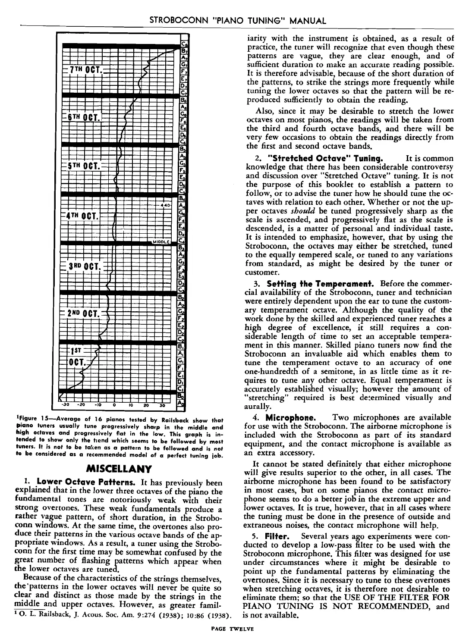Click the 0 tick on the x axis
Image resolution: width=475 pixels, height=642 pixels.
click(114, 404)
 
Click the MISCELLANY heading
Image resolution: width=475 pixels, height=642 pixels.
click(119, 468)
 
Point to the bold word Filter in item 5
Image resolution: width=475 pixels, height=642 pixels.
click(274, 536)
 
